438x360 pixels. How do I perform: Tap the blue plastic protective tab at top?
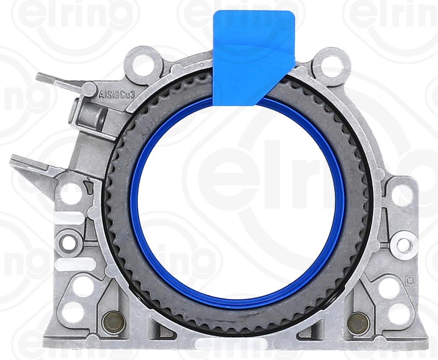pyautogui.click(x=253, y=57)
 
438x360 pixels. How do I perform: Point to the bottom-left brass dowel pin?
pyautogui.click(x=110, y=323)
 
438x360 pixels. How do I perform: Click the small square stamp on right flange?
pyautogui.click(x=410, y=279)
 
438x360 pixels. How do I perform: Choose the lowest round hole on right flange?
pyautogui.click(x=399, y=312)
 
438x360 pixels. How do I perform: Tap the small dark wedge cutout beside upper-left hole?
pyautogui.click(x=89, y=188)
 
